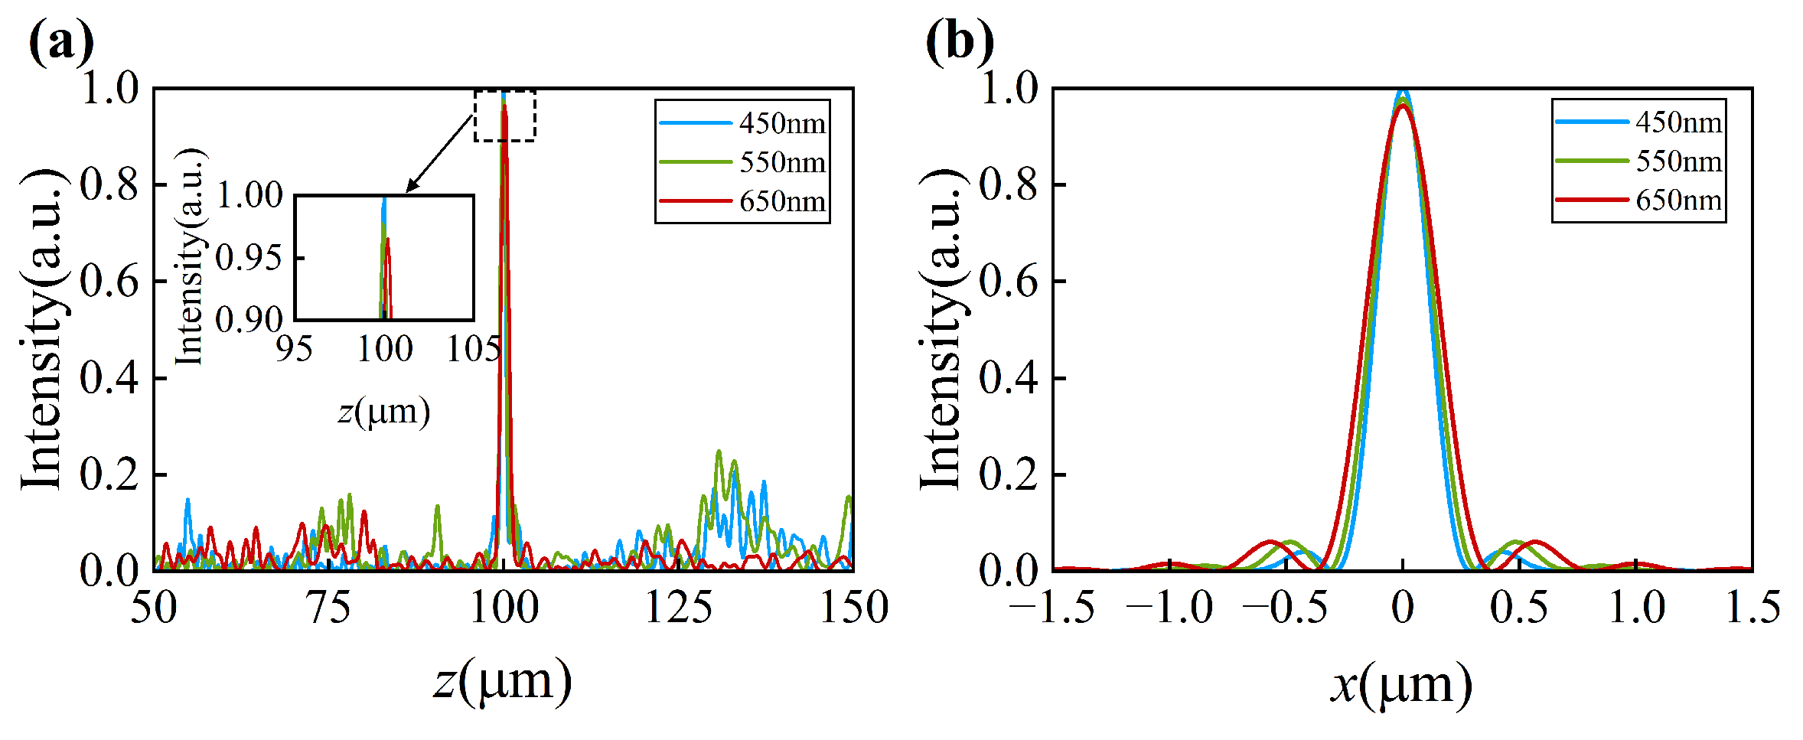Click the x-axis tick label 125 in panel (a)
pyautogui.click(x=678, y=608)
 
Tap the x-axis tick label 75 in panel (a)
pyautogui.click(x=329, y=608)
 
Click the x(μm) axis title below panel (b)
pyautogui.click(x=1401, y=683)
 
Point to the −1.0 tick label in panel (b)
pyautogui.click(x=1169, y=608)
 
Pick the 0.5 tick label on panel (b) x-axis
pyautogui.click(x=1518, y=608)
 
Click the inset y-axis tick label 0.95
pyautogui.click(x=249, y=259)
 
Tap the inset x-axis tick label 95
pyautogui.click(x=295, y=350)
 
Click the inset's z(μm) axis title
pyautogui.click(x=384, y=412)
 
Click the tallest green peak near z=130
pyautogui.click(x=719, y=452)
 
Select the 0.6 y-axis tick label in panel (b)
pyautogui.click(x=1008, y=282)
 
